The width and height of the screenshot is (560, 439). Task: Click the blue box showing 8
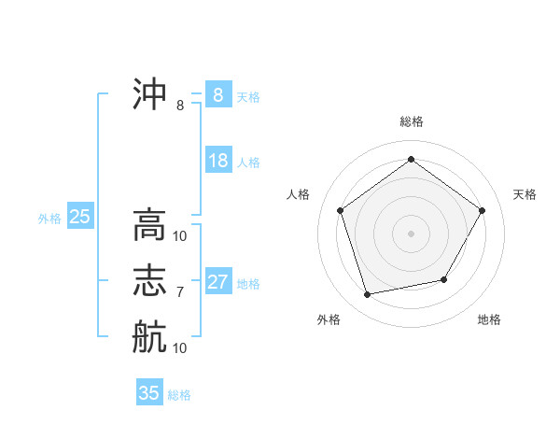coord(217,95)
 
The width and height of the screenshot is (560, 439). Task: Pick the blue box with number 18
coord(217,161)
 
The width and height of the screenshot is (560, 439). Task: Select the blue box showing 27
coord(217,282)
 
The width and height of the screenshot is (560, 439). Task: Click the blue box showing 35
coord(149,393)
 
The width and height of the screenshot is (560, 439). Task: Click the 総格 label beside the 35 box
coord(179,395)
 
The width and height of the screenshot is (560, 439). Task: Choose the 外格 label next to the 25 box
coord(49,219)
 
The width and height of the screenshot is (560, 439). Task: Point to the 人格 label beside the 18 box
coord(248,163)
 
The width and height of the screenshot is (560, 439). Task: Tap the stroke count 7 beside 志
coord(180,292)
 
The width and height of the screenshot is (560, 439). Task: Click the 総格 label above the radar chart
coord(412,121)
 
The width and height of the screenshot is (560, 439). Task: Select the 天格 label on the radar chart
coord(525,194)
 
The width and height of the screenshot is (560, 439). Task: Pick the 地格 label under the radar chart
coord(489,319)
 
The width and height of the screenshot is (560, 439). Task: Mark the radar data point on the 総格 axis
coord(412,160)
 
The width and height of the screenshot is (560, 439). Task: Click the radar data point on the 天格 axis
coord(482,210)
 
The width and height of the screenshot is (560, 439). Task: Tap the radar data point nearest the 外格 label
coord(368,294)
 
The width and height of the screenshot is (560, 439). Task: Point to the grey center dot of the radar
coord(412,233)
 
